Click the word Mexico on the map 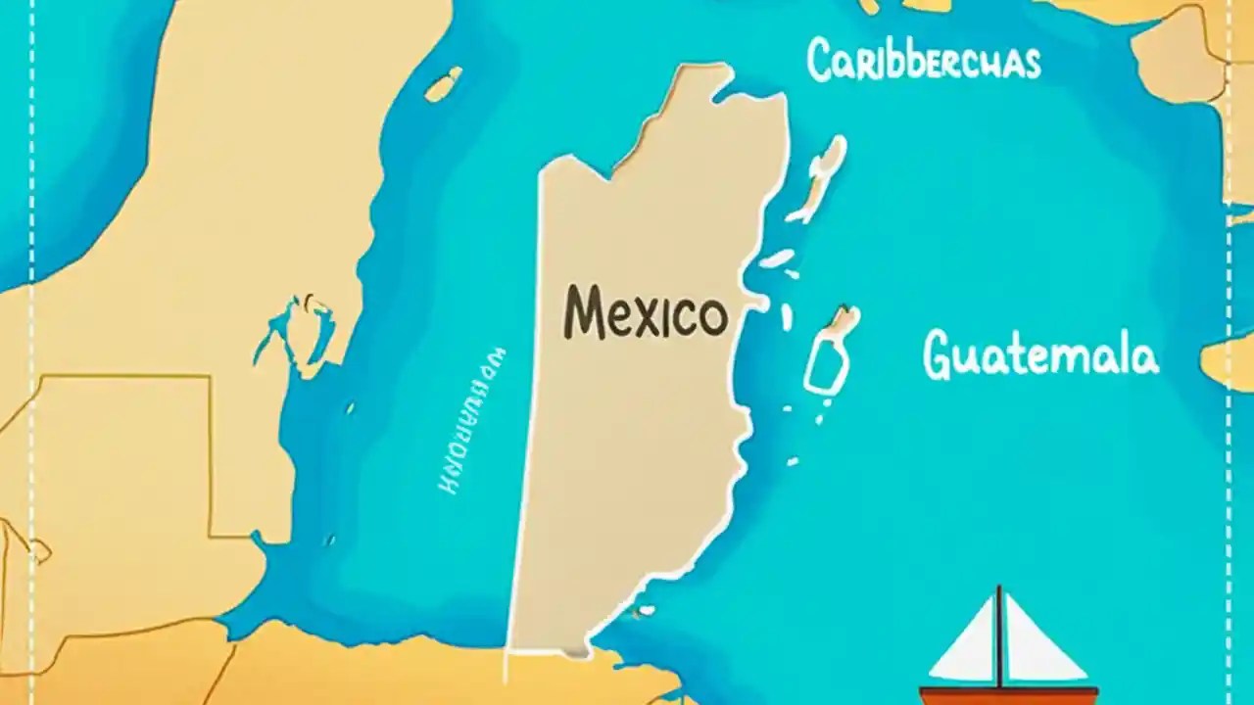pos(646,312)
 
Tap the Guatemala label pos(1040,354)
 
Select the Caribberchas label pos(923,60)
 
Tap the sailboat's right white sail pos(1041,641)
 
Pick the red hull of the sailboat pos(1009,695)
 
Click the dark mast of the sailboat pos(998,636)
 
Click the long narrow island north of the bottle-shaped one pos(820,176)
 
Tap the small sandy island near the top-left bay pos(443,84)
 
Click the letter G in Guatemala pos(939,354)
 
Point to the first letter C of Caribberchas pos(819,60)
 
